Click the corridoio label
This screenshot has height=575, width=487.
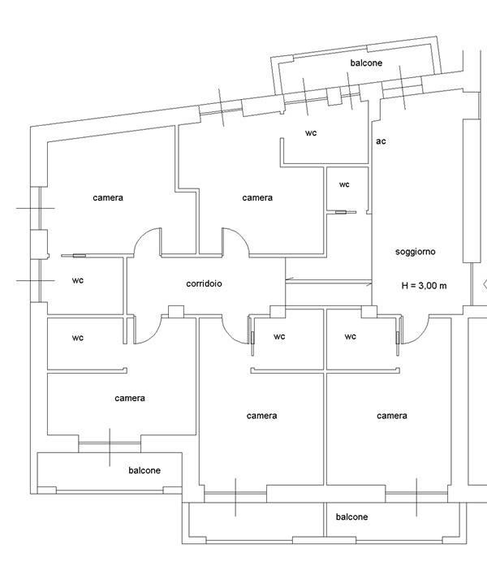coord(204,283)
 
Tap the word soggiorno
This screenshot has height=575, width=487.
coord(416,252)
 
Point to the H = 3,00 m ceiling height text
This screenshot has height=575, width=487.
coord(424,286)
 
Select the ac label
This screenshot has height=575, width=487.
coord(381,141)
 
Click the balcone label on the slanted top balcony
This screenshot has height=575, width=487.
coord(366,63)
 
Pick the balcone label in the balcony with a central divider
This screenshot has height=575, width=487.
coord(351,517)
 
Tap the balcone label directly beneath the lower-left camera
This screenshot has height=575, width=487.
coord(144,470)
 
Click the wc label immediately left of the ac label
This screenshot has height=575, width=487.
coord(311,132)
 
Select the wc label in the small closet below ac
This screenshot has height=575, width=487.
coord(344,184)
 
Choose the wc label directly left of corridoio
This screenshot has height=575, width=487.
coord(78,280)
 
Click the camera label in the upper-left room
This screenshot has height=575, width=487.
coord(108,198)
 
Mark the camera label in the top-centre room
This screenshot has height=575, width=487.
coord(257,198)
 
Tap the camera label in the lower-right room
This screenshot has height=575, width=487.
coord(392,416)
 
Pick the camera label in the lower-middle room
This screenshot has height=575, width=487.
coord(261,416)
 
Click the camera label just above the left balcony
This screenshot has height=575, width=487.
coord(130,398)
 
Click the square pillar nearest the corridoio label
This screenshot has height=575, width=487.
coord(176,311)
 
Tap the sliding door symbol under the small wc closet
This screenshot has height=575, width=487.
coord(341,212)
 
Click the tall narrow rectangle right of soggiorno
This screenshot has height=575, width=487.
coord(472,191)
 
